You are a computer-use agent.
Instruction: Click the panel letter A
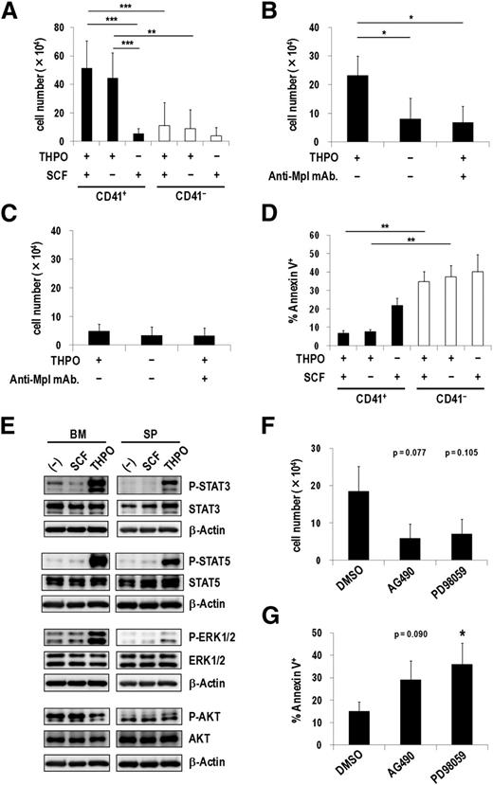pos(10,9)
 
